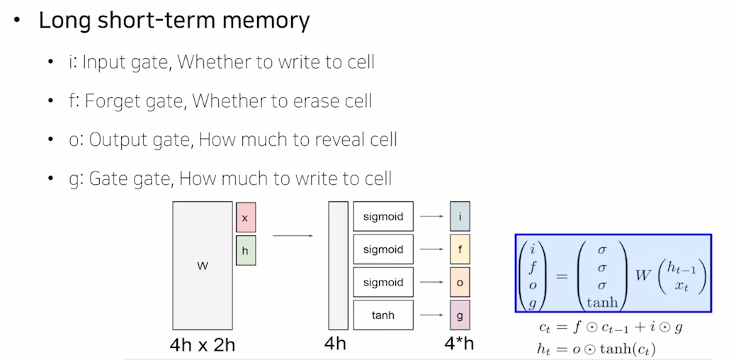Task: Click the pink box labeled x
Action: click(245, 218)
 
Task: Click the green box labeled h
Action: click(245, 251)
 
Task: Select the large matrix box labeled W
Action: click(202, 266)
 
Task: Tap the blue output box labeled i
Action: click(460, 216)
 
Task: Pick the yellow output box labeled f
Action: click(460, 249)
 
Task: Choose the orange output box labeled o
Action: click(460, 282)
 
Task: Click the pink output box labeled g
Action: click(460, 315)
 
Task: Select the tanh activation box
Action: click(383, 315)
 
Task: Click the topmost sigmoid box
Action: click(383, 216)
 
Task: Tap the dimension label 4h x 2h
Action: click(202, 346)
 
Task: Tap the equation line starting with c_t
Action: click(610, 327)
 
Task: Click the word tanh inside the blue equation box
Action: click(602, 303)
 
